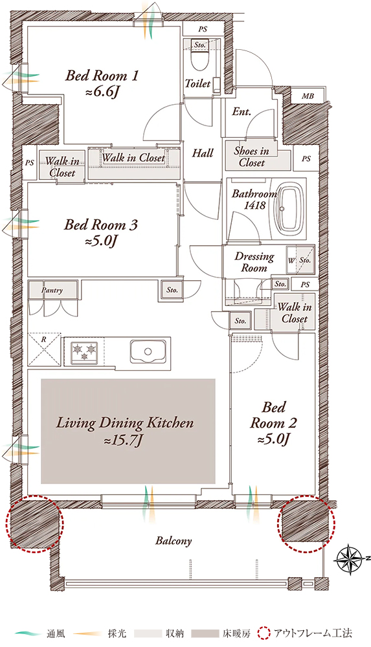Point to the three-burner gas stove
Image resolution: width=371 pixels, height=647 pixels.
(x=84, y=352)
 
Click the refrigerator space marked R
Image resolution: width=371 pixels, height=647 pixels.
(x=44, y=349)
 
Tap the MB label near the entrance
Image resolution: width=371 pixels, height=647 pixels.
(x=308, y=96)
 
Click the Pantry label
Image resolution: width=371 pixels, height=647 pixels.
(x=52, y=291)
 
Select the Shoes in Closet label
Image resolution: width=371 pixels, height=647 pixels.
(x=252, y=157)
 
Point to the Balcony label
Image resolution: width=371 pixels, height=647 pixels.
(x=174, y=541)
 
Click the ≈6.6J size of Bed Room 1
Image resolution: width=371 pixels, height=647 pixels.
(x=102, y=93)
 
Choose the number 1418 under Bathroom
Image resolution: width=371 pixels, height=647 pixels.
(x=254, y=204)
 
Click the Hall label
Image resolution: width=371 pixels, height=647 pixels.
(x=203, y=153)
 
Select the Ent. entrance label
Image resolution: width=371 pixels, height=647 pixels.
(x=242, y=111)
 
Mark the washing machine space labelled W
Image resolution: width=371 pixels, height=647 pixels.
(x=291, y=261)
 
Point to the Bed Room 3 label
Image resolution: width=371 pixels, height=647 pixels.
(x=101, y=225)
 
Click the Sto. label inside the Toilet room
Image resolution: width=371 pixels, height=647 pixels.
(x=200, y=44)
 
